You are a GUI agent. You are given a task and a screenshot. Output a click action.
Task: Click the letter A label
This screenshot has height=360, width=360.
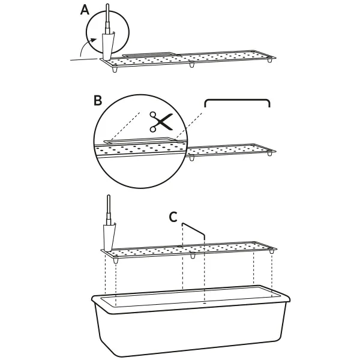[85, 10]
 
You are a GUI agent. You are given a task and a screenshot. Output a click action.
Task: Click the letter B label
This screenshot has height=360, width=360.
[98, 100]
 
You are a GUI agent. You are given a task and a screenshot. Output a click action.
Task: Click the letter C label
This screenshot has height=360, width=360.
[173, 217]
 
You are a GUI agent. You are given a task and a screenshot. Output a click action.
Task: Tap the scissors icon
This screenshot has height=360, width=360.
[161, 122]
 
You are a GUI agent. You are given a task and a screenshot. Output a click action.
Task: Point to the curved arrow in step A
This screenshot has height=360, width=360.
[85, 46]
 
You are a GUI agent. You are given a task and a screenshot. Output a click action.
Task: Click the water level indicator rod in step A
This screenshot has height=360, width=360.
[107, 19]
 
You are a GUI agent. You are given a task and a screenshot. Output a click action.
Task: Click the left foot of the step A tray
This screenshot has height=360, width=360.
[115, 69]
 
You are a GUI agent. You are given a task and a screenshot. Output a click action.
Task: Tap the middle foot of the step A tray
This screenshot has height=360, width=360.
[192, 65]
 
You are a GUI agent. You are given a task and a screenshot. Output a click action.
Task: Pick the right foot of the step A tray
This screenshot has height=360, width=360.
[270, 61]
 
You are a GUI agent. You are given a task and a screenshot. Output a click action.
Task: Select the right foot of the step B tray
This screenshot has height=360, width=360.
[270, 154]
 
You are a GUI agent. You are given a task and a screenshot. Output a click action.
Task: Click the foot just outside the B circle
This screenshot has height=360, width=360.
[192, 158]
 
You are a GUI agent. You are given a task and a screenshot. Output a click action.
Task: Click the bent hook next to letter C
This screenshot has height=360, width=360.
[193, 230]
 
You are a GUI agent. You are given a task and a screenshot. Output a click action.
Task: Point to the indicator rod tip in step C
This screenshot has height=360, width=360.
[109, 196]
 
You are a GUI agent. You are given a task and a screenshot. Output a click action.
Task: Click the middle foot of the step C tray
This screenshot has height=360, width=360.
[193, 256]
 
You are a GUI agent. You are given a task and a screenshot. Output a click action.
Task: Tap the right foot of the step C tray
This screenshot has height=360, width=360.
[272, 251]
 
